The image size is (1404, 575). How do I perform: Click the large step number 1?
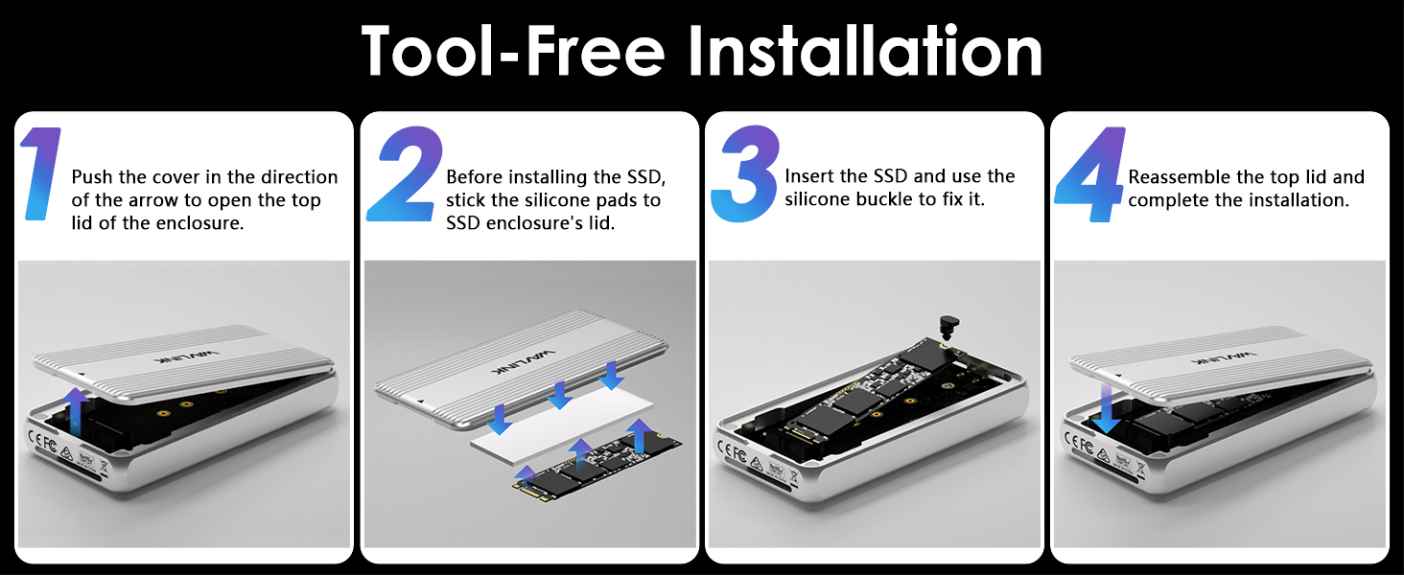click(42, 173)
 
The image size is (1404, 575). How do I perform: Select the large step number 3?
click(746, 173)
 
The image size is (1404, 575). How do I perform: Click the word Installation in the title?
click(866, 52)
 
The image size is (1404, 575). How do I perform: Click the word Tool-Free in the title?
click(513, 52)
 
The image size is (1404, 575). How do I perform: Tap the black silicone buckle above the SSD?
click(948, 328)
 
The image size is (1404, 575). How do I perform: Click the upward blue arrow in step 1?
click(77, 412)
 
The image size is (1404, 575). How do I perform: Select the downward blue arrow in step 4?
click(1107, 409)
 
